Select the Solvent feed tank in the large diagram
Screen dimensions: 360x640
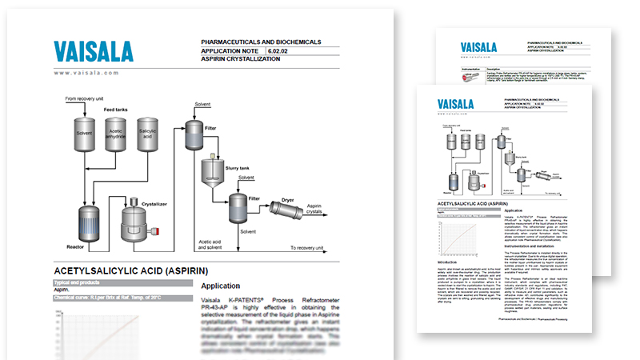pos(85,133)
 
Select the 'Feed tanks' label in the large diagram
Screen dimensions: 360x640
pos(116,109)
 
